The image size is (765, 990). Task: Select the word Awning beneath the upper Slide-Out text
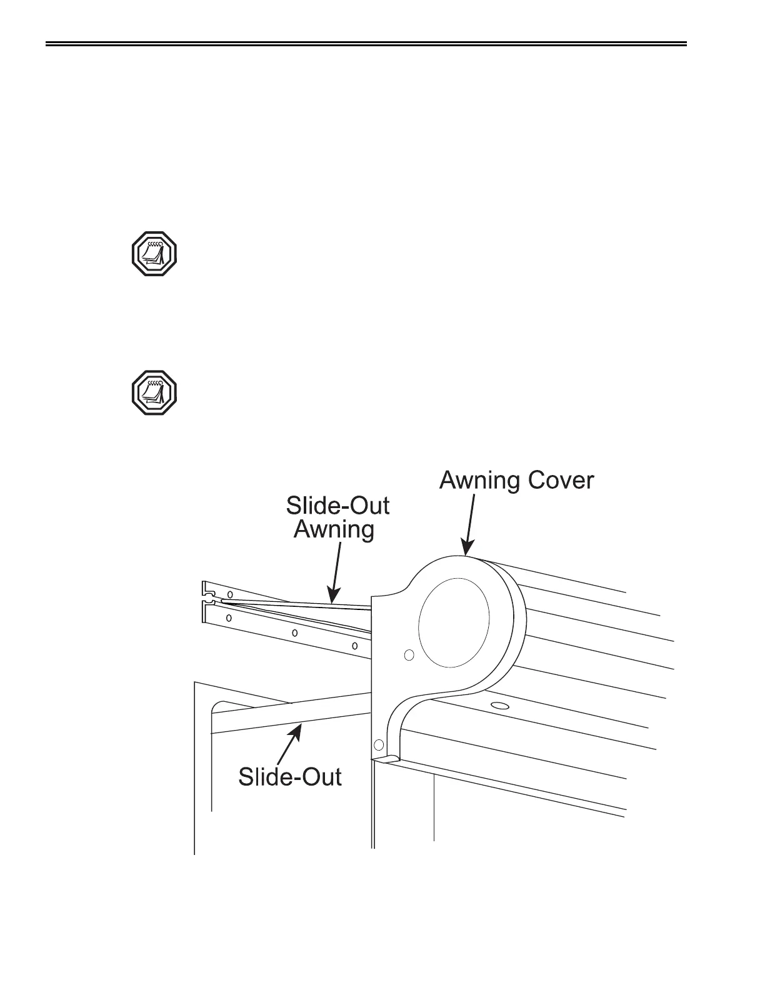coord(334,529)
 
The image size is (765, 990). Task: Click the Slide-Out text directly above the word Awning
coord(338,506)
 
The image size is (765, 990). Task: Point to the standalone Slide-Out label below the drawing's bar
coord(290,777)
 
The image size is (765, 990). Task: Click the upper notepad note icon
coord(154,254)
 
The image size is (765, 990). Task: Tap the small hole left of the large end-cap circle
coord(409,655)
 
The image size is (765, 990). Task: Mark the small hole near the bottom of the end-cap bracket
coord(377,744)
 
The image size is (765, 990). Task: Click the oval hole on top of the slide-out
coord(499,706)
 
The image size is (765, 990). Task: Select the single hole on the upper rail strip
coord(230,593)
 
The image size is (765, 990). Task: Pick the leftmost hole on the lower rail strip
coord(229,618)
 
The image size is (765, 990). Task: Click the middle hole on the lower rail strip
coord(295,632)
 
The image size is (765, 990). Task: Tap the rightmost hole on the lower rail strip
coord(355,645)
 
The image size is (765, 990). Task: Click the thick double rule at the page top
coord(367,44)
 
